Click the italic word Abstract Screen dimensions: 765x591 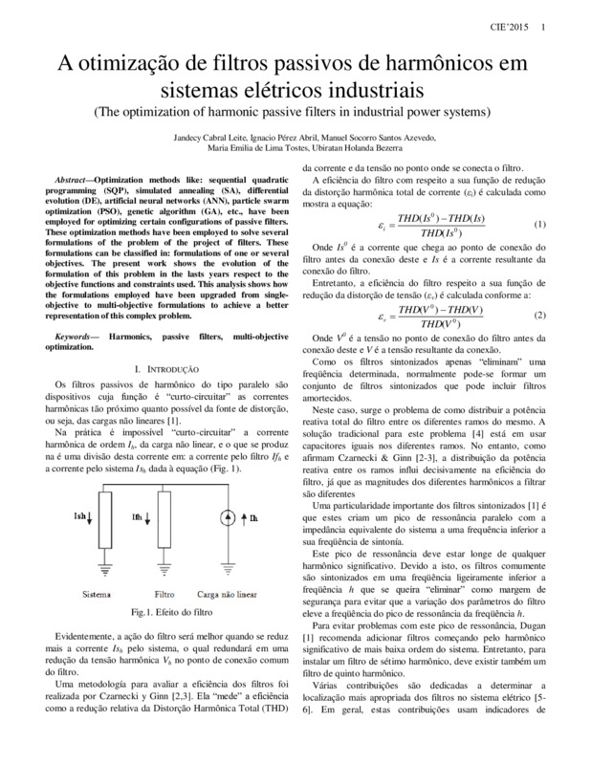pos(73,180)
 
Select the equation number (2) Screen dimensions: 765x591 pos(539,315)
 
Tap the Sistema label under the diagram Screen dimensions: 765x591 pos(98,593)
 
